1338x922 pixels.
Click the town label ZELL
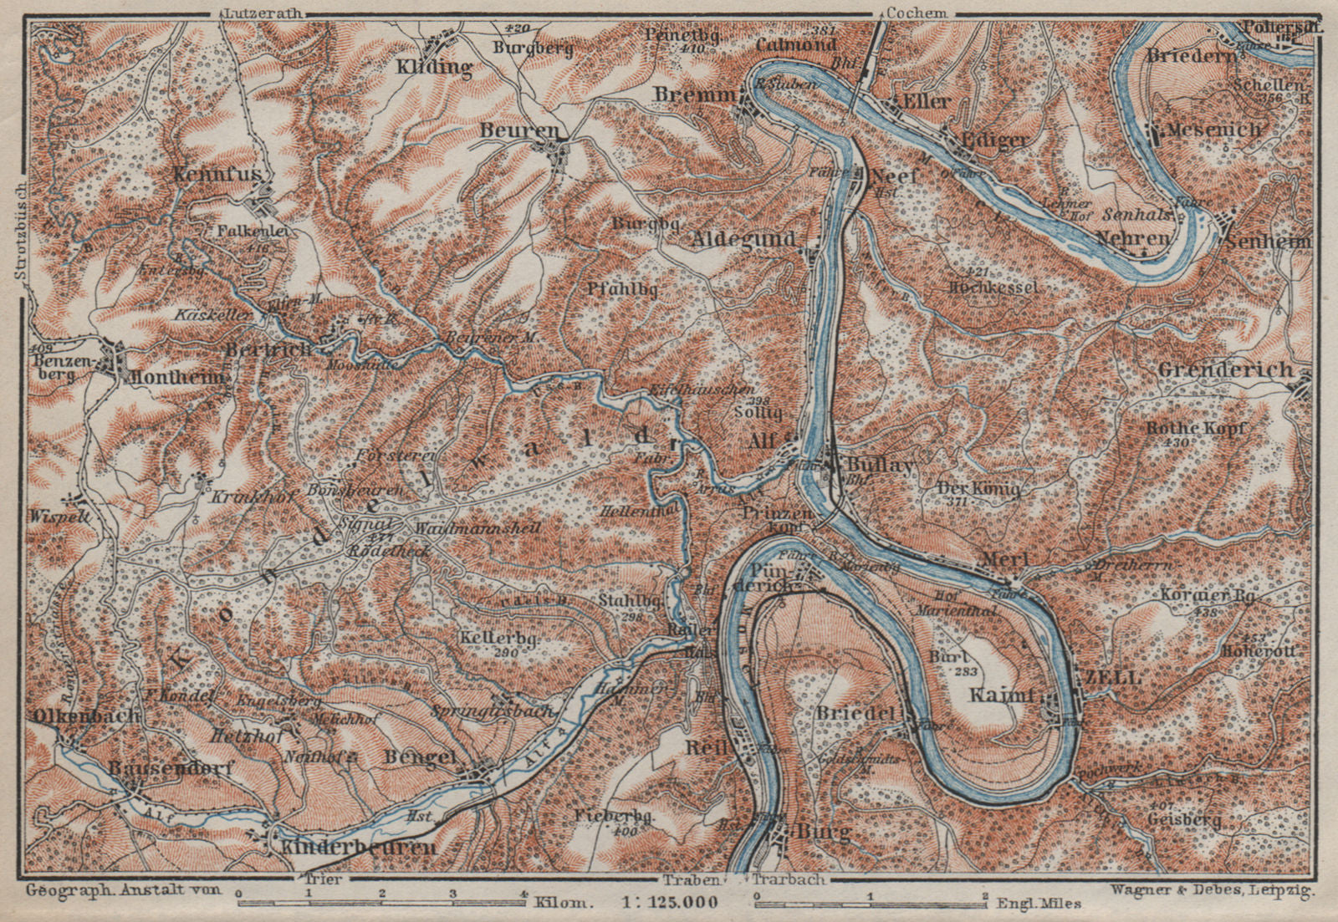tap(1111, 679)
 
